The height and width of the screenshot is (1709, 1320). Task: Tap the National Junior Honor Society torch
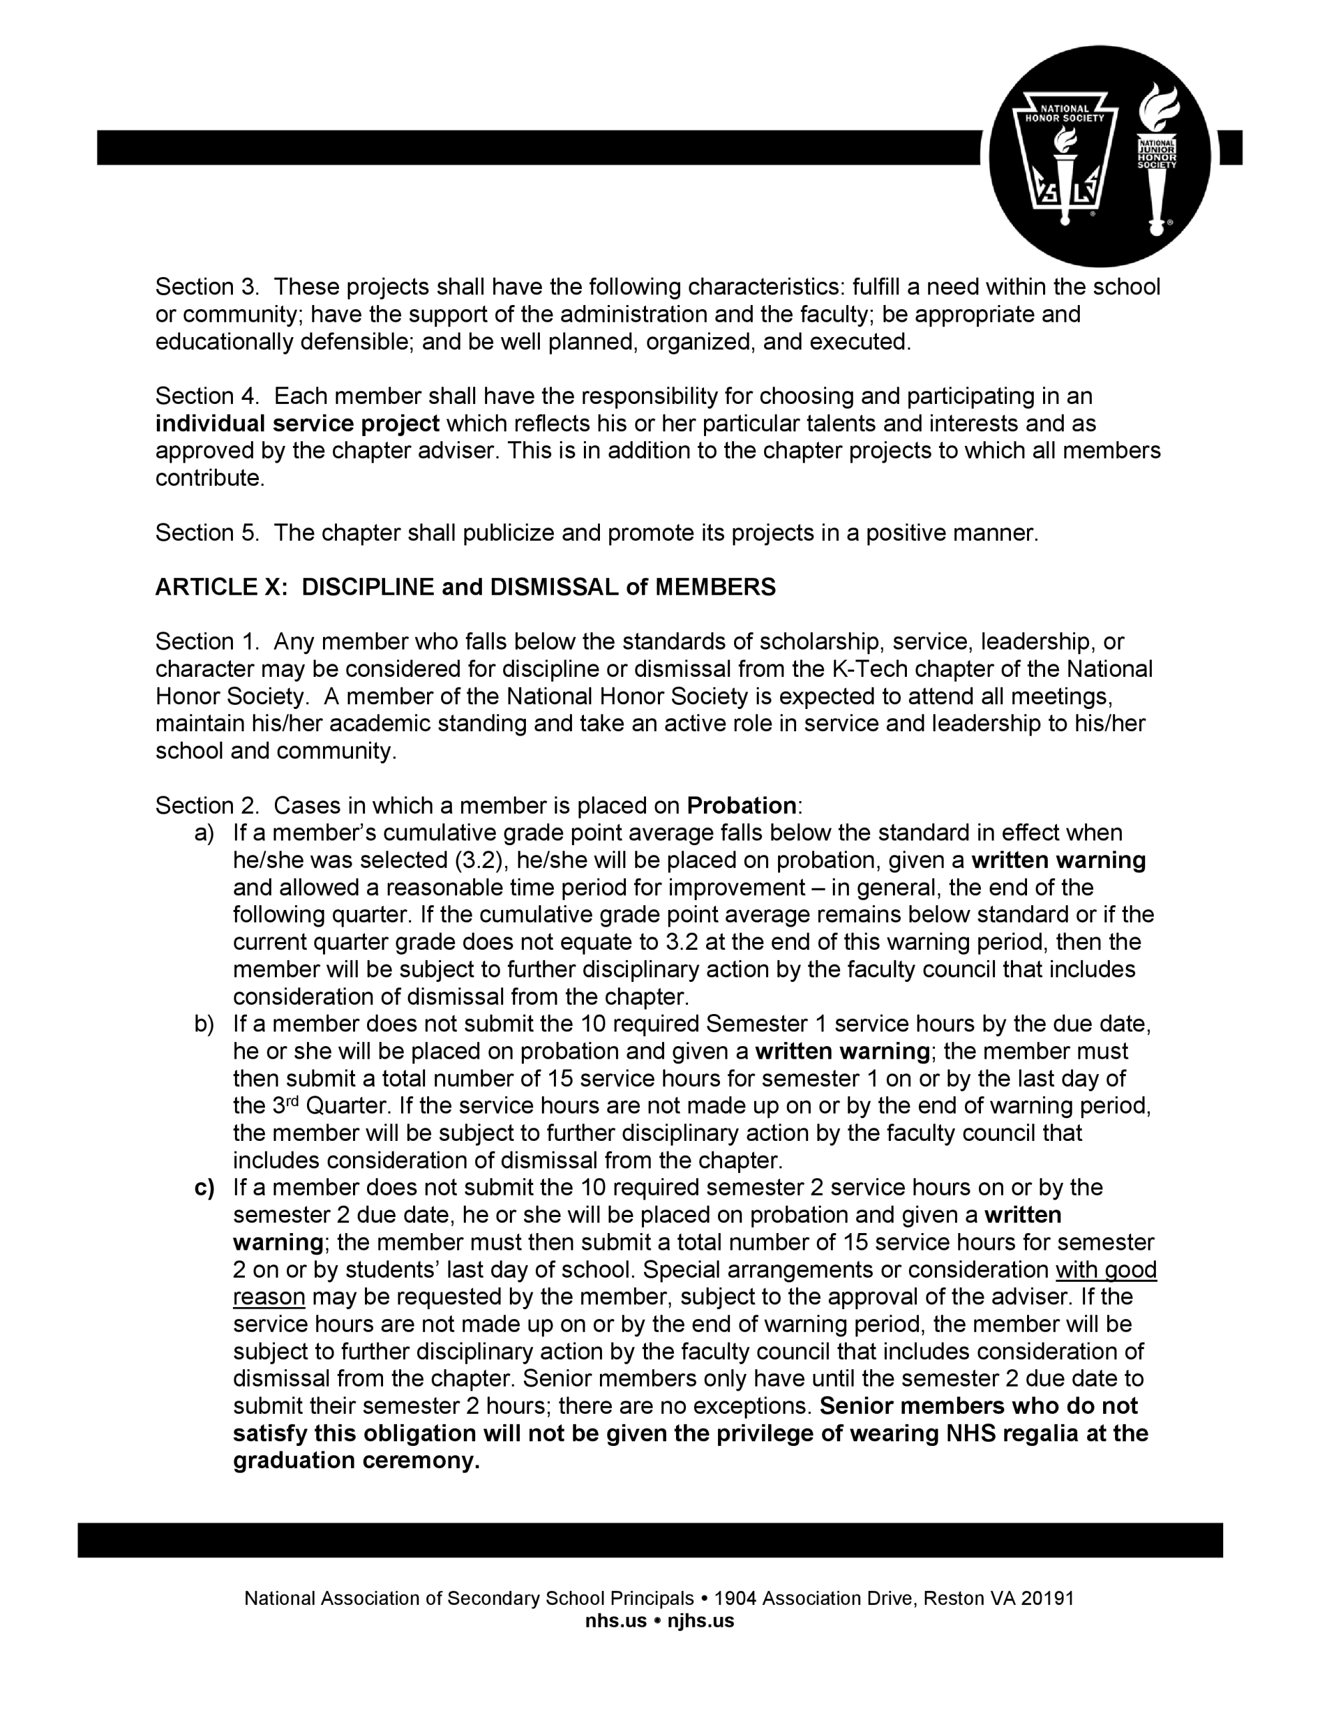1157,156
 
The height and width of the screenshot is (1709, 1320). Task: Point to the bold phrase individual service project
298,423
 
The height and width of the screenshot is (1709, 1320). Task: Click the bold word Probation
741,805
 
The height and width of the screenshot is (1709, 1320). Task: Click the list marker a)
204,832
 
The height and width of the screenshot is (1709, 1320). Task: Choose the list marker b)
204,1023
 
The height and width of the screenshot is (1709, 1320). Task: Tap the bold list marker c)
204,1187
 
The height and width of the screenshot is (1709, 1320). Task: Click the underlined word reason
268,1296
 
